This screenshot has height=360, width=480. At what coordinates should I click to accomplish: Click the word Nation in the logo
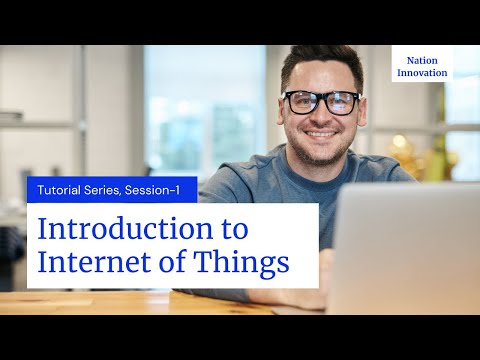[422, 60]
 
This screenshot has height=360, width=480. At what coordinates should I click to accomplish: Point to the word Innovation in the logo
[422, 73]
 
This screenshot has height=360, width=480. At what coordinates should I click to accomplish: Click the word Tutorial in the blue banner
[62, 189]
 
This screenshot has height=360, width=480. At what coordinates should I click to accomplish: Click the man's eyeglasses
[322, 102]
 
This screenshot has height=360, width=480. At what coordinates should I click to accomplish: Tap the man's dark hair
[320, 62]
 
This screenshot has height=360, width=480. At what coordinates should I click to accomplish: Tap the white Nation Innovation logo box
[422, 66]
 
